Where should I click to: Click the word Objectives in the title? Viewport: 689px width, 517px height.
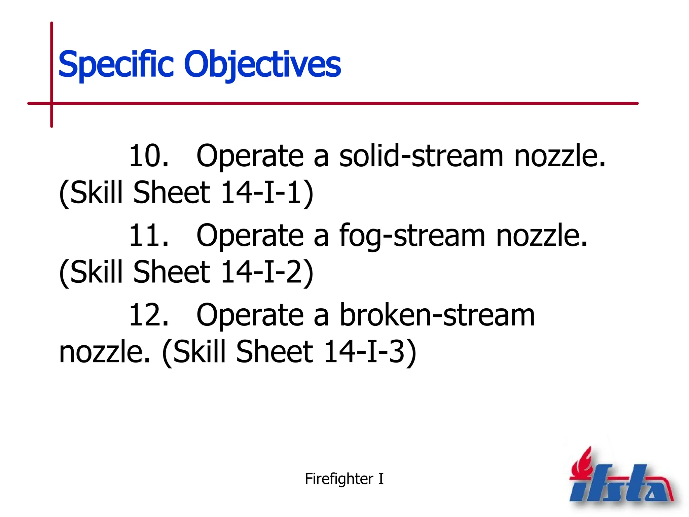click(262, 64)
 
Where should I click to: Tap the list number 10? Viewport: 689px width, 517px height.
click(148, 156)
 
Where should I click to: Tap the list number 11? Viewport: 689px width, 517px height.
click(148, 236)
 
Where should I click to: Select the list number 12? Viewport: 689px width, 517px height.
click(148, 315)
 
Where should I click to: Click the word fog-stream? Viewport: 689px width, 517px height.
click(412, 236)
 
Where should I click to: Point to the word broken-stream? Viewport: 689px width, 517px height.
click(437, 315)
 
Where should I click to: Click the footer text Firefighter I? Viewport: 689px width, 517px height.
click(344, 479)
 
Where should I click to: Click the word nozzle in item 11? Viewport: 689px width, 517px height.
click(541, 236)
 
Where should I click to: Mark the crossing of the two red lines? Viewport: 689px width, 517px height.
click(51, 103)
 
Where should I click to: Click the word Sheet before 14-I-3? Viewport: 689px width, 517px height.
click(274, 352)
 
